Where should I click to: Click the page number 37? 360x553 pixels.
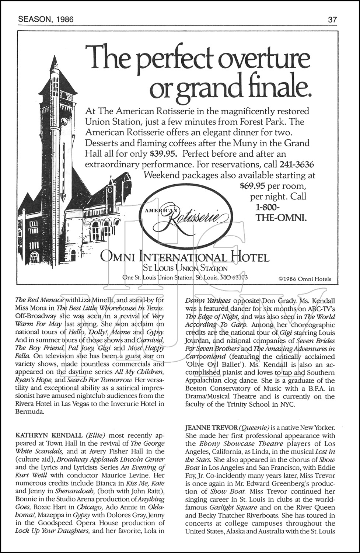pos(332,20)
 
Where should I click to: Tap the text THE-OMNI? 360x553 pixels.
pos(281,218)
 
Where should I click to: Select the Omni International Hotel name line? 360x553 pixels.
pos(185,257)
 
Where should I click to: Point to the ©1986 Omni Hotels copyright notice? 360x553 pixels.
pos(305,279)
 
